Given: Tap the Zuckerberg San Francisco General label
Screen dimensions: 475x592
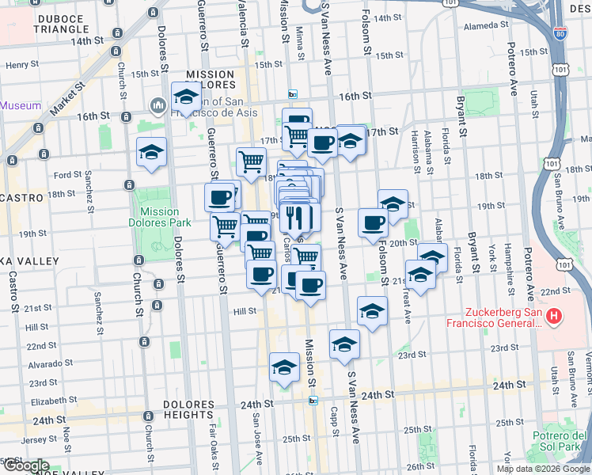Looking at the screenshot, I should tap(495, 317).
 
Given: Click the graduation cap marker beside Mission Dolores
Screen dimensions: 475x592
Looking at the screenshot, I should tap(186, 98).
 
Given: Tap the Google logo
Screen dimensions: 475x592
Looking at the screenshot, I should tap(26, 465).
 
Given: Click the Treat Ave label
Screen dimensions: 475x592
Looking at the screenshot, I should tap(408, 305).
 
